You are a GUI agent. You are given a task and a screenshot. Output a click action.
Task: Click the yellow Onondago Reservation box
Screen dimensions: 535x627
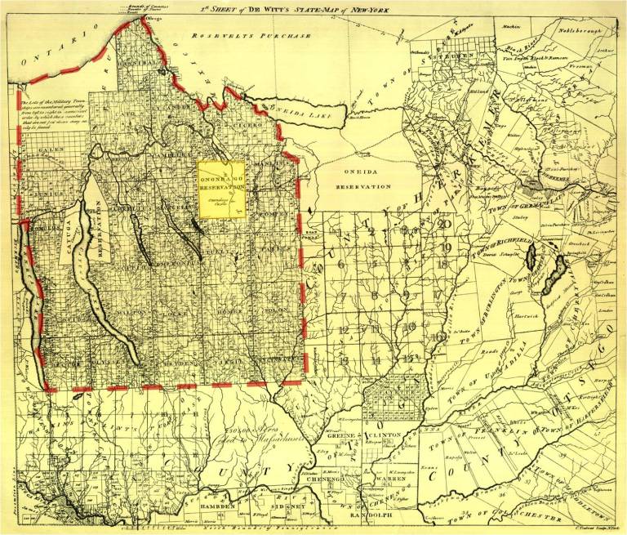pos(222,189)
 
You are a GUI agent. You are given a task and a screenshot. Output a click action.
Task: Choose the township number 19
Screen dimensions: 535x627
pos(445,247)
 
